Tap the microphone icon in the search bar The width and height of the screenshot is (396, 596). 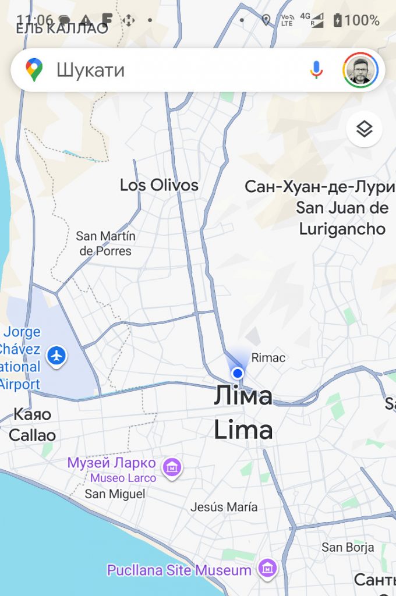click(316, 70)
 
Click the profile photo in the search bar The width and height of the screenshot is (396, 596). click(360, 70)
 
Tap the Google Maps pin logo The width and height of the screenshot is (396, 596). click(34, 70)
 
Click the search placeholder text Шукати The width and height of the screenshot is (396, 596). click(90, 70)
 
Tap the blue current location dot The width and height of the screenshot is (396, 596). click(237, 373)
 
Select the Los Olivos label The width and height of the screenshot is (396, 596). click(159, 186)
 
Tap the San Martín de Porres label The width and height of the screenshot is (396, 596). click(105, 244)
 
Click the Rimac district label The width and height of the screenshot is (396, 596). click(268, 357)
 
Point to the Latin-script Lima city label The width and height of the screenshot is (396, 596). click(243, 431)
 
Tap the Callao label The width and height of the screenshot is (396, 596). click(33, 435)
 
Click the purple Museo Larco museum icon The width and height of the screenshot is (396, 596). click(172, 467)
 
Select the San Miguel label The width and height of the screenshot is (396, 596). click(115, 494)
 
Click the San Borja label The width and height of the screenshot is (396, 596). click(348, 547)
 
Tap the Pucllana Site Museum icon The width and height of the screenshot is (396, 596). click(267, 569)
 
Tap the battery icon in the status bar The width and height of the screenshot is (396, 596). click(337, 20)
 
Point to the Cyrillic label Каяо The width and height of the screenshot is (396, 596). click(32, 415)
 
